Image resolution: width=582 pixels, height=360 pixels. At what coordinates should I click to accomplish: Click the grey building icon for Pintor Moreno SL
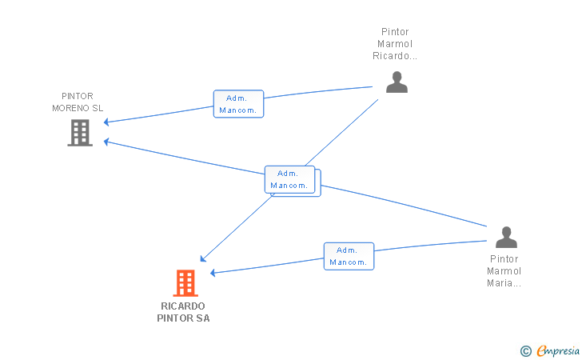(x=80, y=132)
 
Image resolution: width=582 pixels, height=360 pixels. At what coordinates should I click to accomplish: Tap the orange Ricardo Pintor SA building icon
(x=185, y=282)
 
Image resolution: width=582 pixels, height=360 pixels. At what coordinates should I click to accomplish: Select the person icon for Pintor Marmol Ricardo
(x=397, y=82)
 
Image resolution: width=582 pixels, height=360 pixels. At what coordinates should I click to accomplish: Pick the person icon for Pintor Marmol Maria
(x=505, y=238)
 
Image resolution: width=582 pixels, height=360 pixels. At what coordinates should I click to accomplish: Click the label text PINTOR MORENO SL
(x=78, y=102)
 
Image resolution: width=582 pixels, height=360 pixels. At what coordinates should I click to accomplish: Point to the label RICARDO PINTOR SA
(x=183, y=312)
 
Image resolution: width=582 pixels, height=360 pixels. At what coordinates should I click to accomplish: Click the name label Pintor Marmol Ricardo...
(x=395, y=44)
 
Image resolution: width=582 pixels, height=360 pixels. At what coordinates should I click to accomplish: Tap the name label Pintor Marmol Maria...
(x=504, y=270)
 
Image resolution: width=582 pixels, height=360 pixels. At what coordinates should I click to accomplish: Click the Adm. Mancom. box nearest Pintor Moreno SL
(x=238, y=104)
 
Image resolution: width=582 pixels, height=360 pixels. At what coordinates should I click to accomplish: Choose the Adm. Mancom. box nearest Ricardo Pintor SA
(x=349, y=256)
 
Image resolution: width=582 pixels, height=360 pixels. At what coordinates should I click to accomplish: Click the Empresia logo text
(x=557, y=350)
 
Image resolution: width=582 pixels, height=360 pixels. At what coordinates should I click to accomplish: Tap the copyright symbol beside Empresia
(x=525, y=350)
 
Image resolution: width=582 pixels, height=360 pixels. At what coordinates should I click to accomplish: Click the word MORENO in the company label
(x=70, y=108)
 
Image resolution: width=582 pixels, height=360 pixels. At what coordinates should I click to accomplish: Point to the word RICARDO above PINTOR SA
(x=183, y=306)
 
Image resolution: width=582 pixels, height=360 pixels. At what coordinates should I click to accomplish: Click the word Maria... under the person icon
(x=504, y=282)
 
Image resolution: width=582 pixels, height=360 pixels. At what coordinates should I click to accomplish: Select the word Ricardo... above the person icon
(x=395, y=56)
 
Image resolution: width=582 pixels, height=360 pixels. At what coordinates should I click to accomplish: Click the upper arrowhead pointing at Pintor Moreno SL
(x=106, y=122)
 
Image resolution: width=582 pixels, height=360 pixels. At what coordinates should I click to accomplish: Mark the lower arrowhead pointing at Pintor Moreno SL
(x=106, y=142)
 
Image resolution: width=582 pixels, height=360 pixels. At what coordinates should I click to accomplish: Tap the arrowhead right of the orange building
(x=213, y=273)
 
